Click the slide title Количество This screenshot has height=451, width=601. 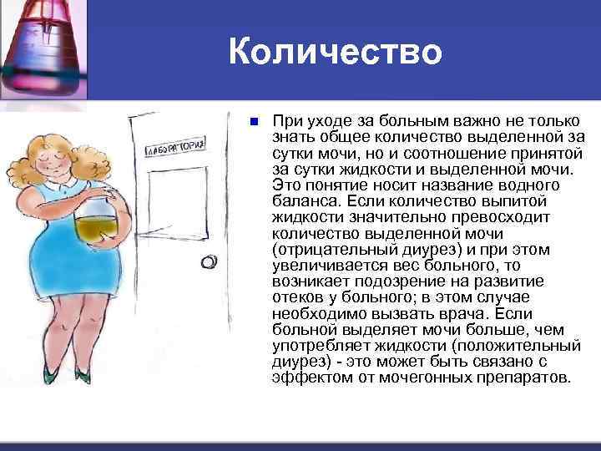point(335,53)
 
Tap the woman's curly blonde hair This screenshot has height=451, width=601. point(52,150)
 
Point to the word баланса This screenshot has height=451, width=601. point(299,200)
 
